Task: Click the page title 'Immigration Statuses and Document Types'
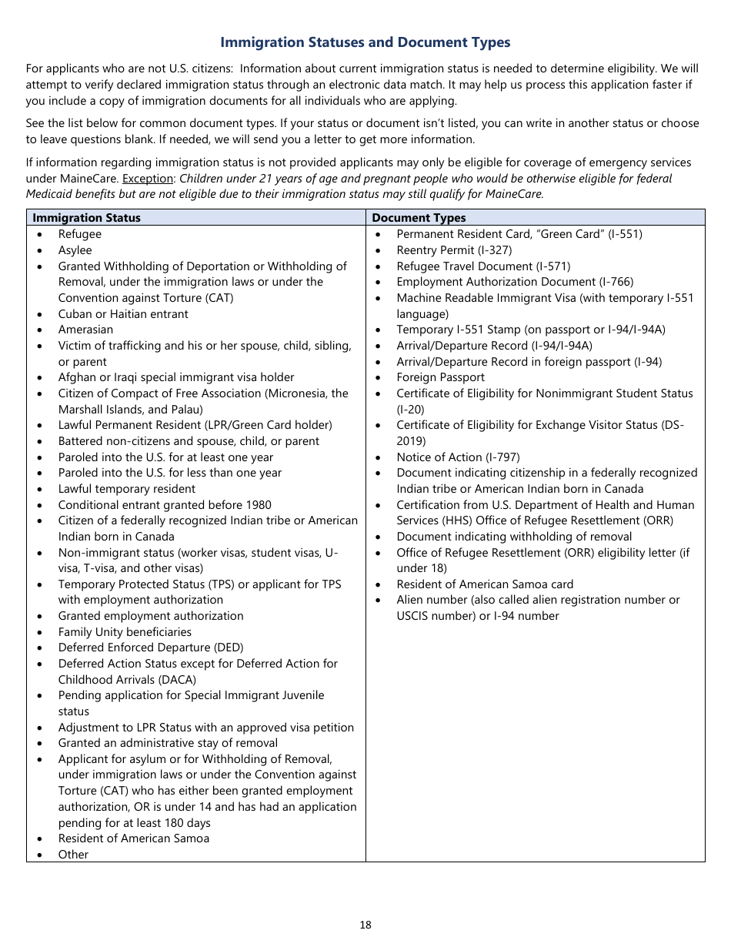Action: [x=365, y=42]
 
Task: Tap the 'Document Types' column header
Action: [x=419, y=218]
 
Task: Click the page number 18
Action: [x=365, y=925]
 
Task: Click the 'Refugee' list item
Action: [x=80, y=234]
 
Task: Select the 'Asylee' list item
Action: [x=75, y=250]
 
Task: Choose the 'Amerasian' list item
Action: [x=85, y=330]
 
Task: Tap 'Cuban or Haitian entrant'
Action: [x=123, y=314]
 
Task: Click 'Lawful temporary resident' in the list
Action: [x=127, y=489]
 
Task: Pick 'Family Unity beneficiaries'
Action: [x=125, y=632]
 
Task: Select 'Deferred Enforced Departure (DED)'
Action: [x=145, y=648]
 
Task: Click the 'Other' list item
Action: [x=73, y=855]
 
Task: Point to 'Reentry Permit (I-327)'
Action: [x=454, y=250]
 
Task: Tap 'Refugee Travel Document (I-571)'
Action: [x=483, y=266]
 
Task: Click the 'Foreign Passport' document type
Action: [x=441, y=377]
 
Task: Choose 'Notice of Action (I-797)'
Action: [x=458, y=457]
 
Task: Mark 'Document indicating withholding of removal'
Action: [x=514, y=537]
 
